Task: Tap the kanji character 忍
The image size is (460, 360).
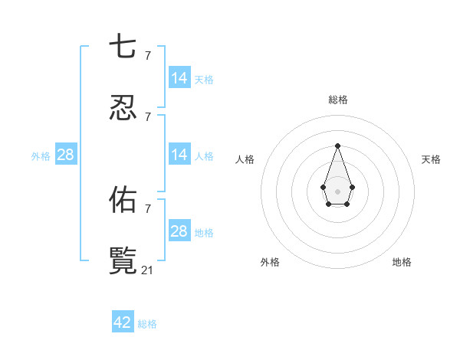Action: point(122,109)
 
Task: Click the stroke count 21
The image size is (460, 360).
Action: point(148,270)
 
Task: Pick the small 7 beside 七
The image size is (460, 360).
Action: point(147,55)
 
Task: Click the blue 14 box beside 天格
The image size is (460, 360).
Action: point(179,78)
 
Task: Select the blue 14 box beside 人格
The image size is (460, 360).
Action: point(179,155)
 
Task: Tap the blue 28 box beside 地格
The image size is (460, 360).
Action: point(179,231)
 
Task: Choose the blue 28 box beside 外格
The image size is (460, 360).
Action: point(66,155)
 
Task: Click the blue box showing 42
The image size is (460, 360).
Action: point(123,322)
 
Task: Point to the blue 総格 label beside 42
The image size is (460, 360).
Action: point(147,324)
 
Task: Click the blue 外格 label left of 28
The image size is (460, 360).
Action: point(41,156)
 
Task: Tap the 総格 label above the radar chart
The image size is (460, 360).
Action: point(337,100)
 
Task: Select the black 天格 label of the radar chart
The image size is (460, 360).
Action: point(431,159)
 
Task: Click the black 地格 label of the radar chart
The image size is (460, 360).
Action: point(402,262)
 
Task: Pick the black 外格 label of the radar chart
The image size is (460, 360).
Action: point(270,262)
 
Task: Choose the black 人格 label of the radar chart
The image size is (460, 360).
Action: point(245,159)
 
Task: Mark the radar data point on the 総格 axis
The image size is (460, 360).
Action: point(337,146)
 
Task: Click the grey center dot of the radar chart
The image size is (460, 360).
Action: point(337,191)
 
